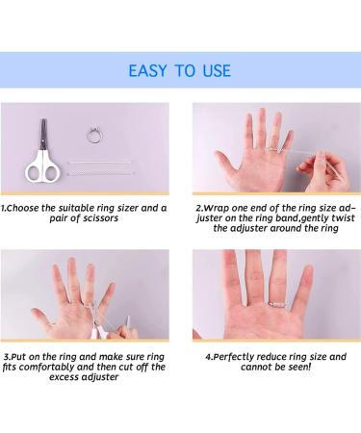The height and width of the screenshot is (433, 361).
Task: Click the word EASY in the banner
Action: coord(147,70)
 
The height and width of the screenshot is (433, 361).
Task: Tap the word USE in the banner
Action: coord(217,70)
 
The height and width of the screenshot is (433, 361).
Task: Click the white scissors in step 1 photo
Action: coord(42,153)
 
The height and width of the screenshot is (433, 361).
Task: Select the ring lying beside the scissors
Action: coord(94,135)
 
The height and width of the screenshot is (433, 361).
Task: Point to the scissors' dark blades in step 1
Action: coord(43,134)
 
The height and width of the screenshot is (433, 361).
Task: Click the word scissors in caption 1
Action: coord(100,218)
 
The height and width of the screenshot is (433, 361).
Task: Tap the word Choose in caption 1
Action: coord(23,208)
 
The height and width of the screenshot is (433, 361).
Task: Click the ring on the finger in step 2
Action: coord(273,148)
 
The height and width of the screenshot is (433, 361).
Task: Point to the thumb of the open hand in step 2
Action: coord(226,162)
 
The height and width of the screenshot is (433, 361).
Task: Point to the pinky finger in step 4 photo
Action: coord(305,286)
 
